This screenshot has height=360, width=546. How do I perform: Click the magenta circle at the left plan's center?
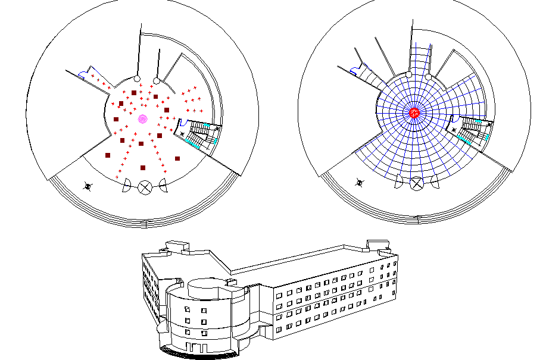142,119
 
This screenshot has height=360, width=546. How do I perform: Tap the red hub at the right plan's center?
414,112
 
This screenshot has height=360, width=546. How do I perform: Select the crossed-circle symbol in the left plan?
145,188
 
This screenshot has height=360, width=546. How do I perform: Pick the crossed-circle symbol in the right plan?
417,183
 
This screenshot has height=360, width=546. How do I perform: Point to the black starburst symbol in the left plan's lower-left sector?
88,187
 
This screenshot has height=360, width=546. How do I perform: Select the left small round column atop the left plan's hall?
136,79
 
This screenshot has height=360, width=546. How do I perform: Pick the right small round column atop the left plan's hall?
156,80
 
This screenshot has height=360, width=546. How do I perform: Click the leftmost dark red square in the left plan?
108,155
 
